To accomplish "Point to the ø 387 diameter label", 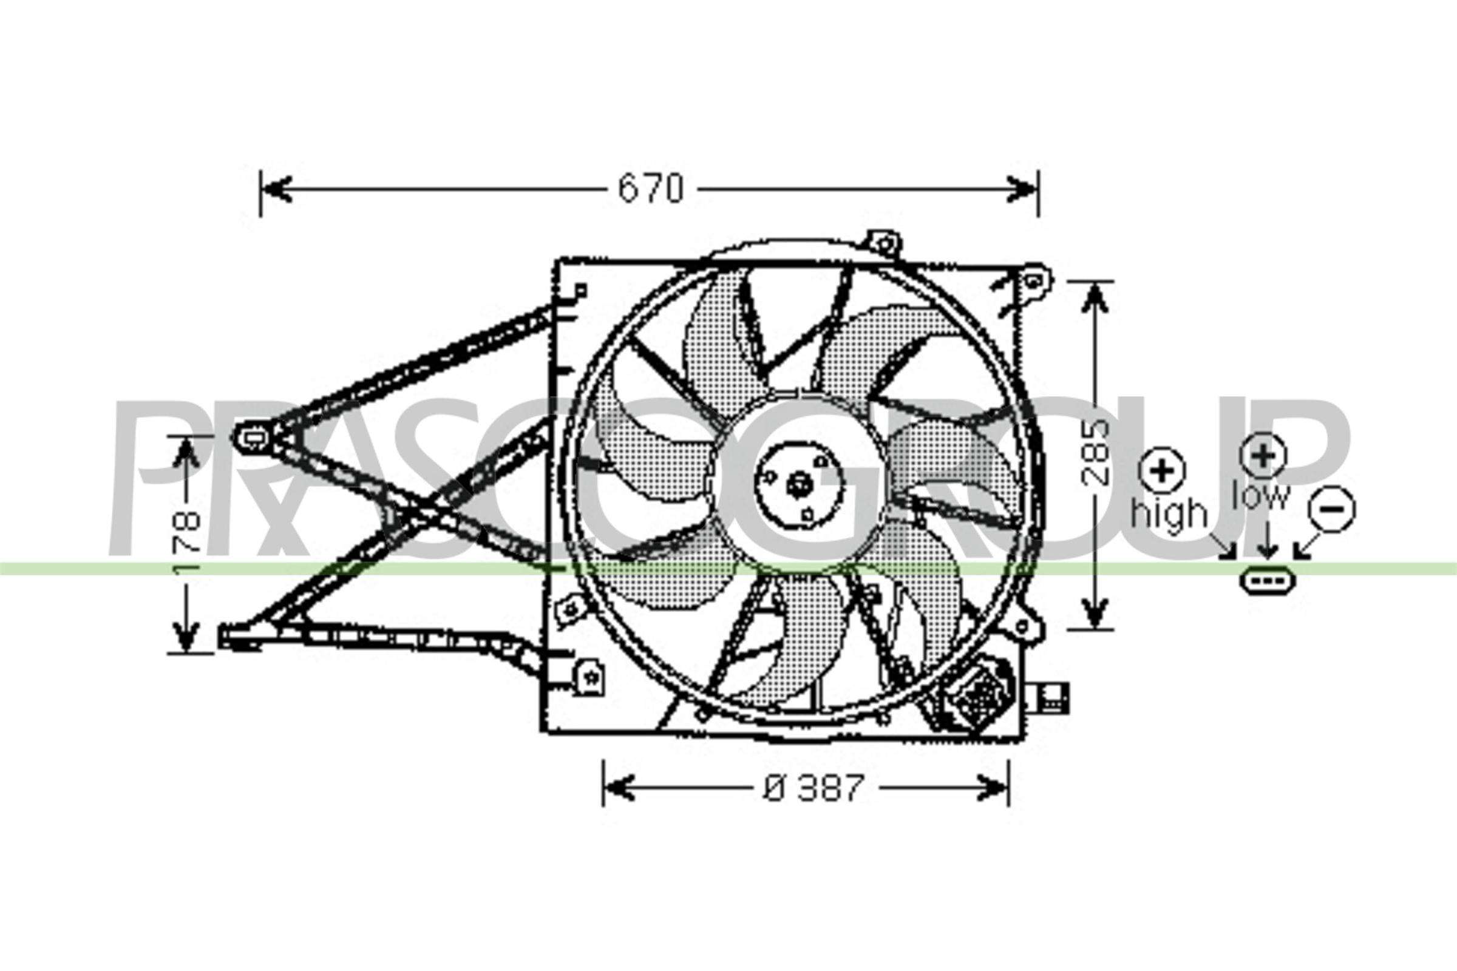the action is (813, 788).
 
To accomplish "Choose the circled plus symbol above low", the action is (1263, 455).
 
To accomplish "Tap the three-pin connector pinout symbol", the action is (1268, 580).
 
